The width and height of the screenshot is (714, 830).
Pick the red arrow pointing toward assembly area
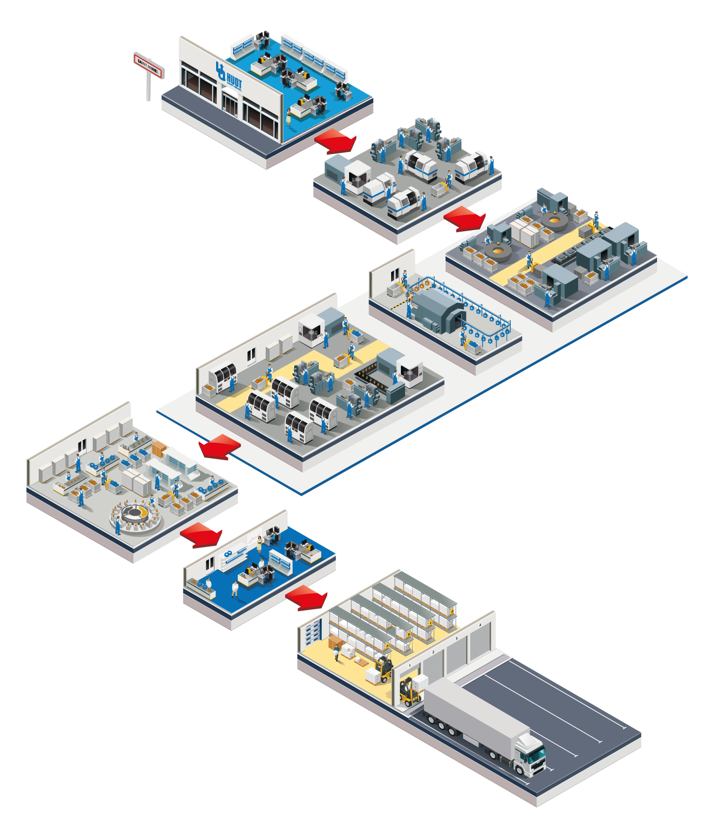point(220,446)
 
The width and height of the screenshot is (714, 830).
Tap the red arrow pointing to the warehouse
point(306,596)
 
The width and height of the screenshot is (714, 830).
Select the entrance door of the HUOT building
point(230,102)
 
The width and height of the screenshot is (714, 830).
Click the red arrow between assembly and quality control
point(201,534)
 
